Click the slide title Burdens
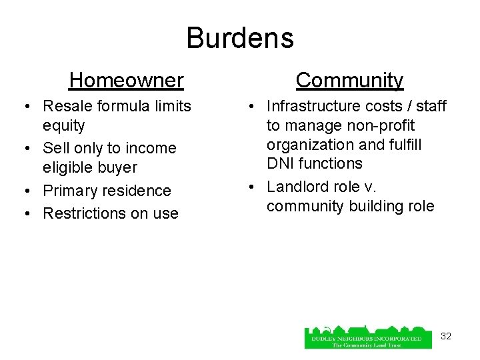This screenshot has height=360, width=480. [240, 38]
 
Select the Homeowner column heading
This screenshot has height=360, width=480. [126, 81]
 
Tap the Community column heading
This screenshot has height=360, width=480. [350, 81]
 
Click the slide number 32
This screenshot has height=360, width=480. [446, 336]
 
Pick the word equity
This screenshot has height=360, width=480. [64, 125]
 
